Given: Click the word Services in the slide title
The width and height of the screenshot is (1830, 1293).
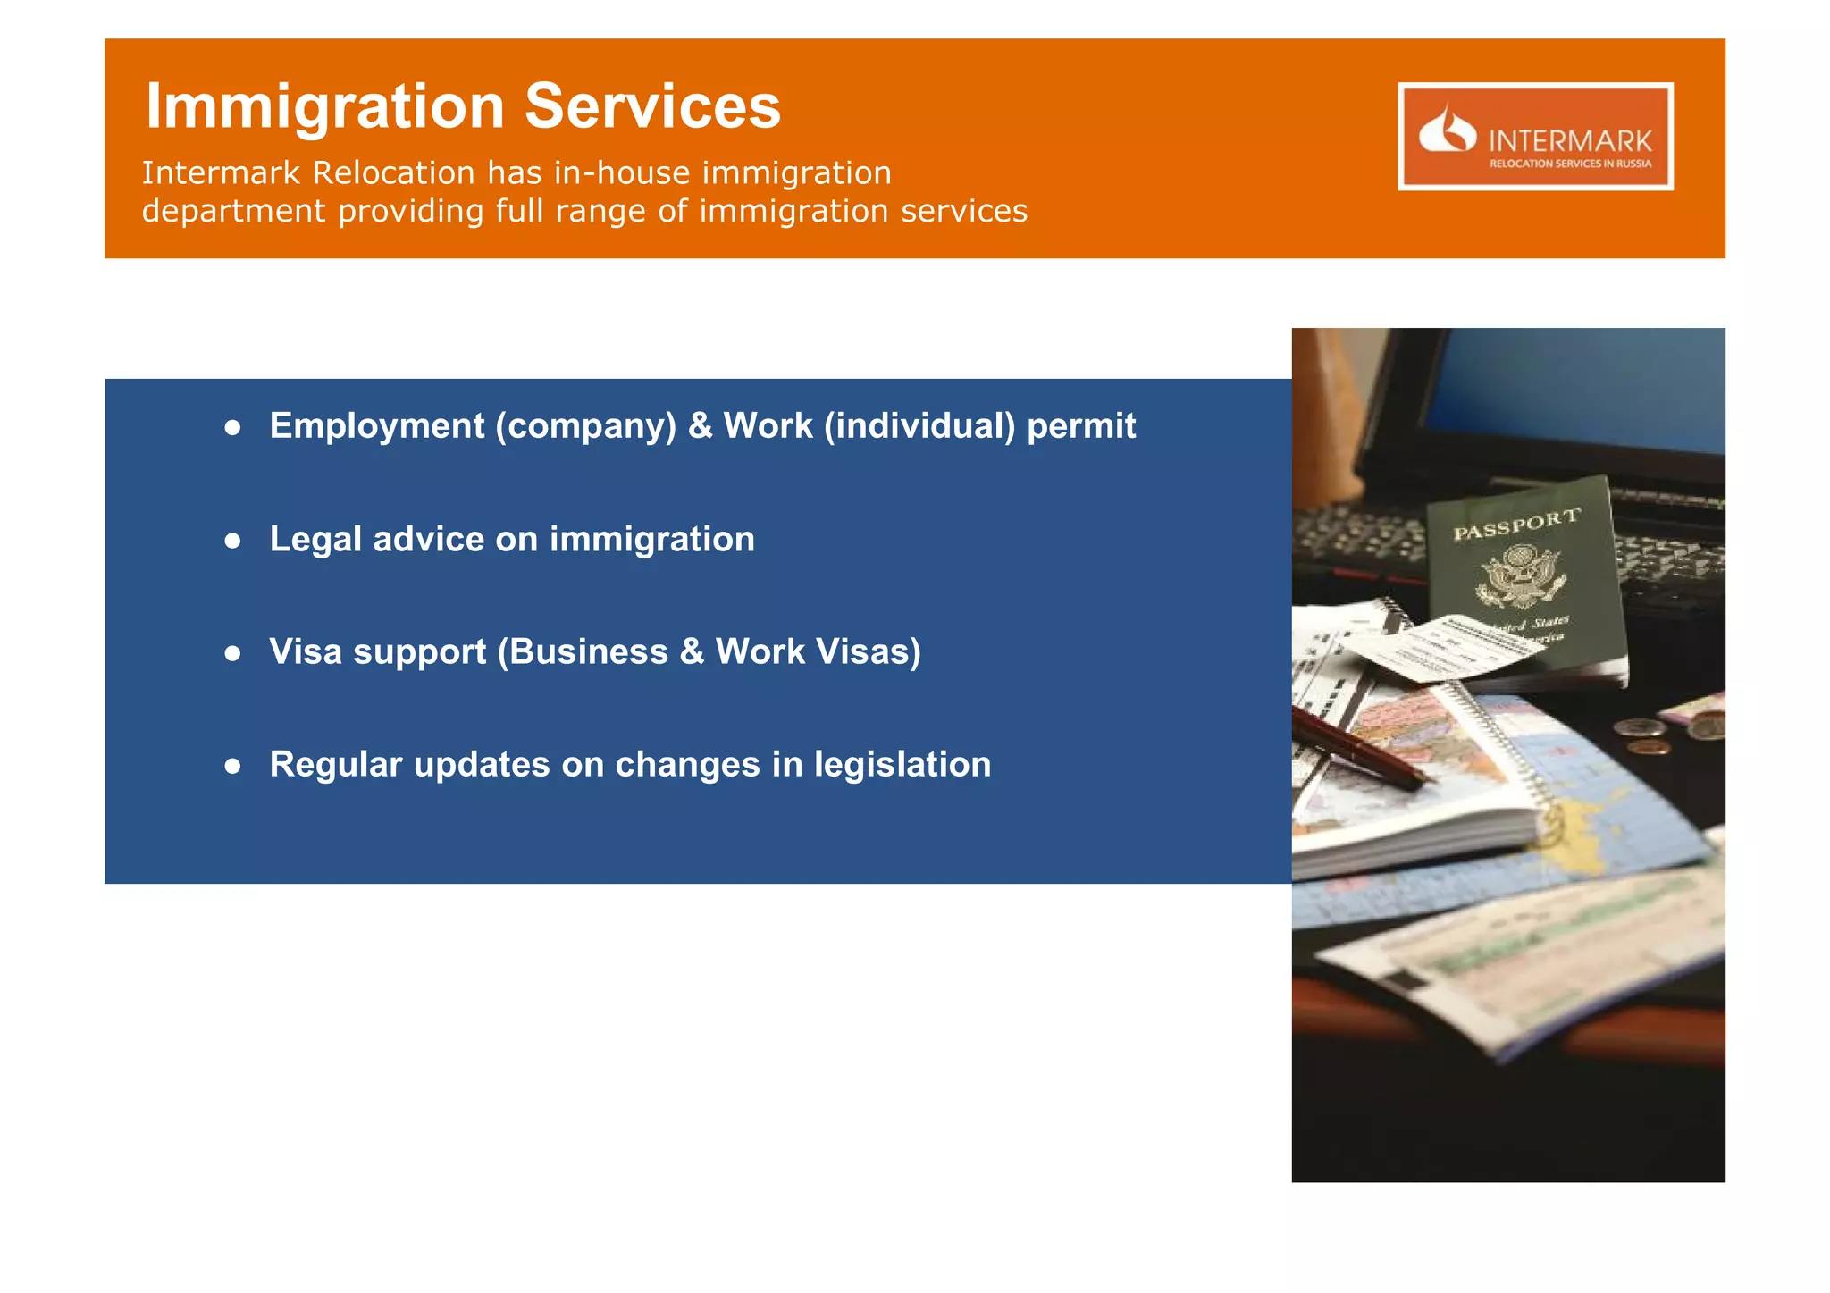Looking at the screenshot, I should tap(652, 107).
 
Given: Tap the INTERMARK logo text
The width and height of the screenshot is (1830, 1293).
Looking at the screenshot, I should tap(1570, 141).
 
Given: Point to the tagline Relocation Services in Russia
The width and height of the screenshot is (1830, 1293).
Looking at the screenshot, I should tap(1570, 164).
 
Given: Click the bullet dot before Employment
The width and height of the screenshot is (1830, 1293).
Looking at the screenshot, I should tap(233, 428).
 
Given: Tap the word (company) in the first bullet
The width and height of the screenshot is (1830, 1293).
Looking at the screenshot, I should tap(586, 426).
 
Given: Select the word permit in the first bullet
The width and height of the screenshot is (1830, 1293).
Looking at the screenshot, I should tap(1081, 426).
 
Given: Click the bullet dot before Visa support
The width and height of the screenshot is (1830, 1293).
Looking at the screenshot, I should tap(233, 654).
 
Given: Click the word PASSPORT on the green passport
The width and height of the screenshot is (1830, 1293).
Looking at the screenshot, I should tap(1516, 525).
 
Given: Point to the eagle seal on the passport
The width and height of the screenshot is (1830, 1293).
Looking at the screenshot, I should tap(1519, 577).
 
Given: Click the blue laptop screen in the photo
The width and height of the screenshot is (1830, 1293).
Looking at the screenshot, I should tap(1582, 393).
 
